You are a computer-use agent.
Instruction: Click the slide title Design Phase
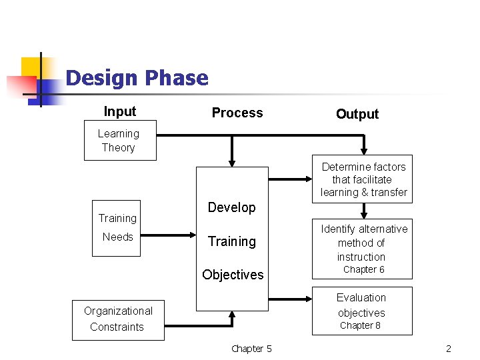137,78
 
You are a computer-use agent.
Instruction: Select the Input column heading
120,111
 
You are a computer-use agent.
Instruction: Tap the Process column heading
237,113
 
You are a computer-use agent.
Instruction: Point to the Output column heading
357,114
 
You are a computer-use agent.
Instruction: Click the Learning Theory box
120,141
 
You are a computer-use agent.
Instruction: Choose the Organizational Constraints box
118,319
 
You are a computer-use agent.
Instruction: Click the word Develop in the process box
231,207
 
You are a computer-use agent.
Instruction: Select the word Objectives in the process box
233,275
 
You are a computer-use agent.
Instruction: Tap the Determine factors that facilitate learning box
363,179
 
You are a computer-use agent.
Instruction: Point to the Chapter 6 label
363,269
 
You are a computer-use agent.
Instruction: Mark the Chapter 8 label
360,325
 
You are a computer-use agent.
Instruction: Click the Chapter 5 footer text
251,349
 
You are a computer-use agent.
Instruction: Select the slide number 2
449,349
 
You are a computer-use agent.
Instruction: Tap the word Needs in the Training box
118,237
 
